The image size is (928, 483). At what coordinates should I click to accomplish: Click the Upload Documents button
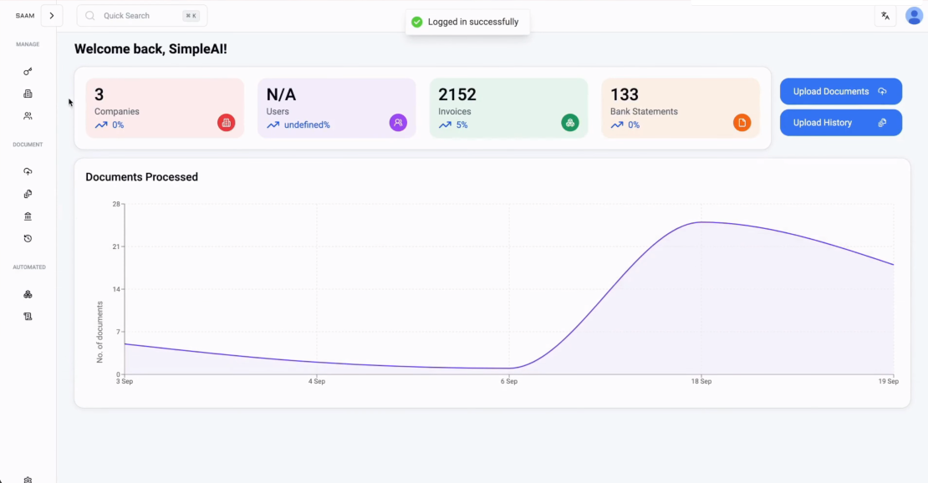coord(840,92)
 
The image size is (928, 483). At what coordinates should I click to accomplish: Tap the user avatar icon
coord(914,16)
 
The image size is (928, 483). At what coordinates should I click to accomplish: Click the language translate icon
coord(885,16)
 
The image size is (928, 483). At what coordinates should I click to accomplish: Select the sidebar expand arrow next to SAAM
coord(52,16)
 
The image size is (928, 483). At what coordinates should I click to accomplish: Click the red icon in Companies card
coord(226,123)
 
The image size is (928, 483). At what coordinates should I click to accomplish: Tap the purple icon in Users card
coord(398,123)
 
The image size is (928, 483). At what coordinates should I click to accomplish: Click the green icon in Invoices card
coord(570,123)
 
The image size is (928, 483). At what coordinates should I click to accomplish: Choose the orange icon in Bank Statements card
coord(742,123)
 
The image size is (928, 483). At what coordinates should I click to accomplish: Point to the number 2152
coord(457,94)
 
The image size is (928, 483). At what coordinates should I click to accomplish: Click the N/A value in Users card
coord(281,94)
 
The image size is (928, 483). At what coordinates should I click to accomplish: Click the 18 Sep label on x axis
coord(701,381)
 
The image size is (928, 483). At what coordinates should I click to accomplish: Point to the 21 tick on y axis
coord(116,247)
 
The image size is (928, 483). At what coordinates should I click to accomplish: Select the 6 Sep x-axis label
coord(508,381)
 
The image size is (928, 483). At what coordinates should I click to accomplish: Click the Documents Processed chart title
coord(141,177)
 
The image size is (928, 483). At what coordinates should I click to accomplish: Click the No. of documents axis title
coord(99,332)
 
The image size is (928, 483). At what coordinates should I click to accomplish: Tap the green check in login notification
coord(417,22)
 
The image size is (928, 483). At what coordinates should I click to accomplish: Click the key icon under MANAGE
coord(28,72)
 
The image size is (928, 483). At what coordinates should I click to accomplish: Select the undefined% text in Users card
coord(307,125)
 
